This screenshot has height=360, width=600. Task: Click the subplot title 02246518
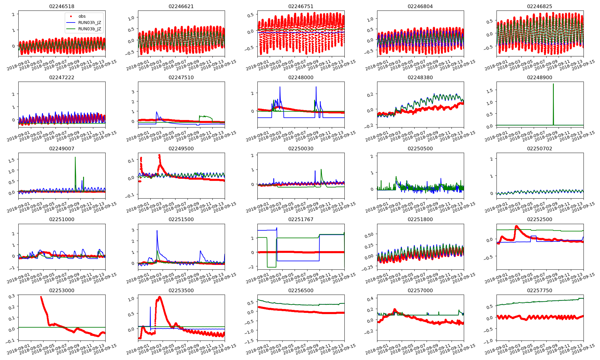pos(61,6)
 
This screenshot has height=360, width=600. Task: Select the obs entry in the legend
pos(82,16)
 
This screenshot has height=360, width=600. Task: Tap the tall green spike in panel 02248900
pos(553,84)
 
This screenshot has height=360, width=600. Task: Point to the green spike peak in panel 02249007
pos(75,157)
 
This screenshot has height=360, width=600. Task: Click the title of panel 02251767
pos(301,219)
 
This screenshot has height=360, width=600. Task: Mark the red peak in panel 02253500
pos(159,297)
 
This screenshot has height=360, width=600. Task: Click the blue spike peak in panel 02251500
pos(157,231)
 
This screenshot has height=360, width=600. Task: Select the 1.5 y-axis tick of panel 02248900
pos(490,90)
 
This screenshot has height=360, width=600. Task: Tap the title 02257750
pos(539,290)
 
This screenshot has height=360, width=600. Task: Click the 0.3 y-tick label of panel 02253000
pos(11,296)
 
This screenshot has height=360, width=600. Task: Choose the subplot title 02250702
pos(539,148)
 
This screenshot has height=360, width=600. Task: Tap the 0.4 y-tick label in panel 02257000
pos(370,298)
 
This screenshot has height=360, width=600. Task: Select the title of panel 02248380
pos(420,77)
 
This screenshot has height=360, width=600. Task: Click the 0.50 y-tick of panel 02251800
pos(369,234)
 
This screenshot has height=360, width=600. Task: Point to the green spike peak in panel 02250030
pos(321,169)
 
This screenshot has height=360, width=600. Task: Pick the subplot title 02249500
pos(181,148)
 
